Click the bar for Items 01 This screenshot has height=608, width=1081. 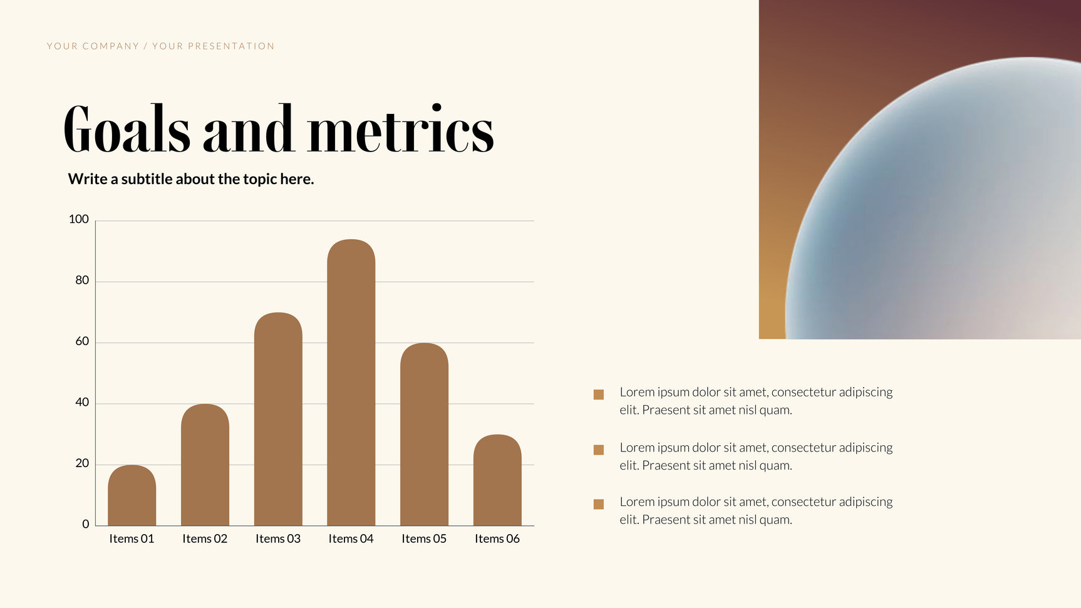click(132, 495)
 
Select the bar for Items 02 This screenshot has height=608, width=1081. click(205, 465)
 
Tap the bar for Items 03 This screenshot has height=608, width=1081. click(278, 419)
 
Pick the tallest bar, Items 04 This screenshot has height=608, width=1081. click(351, 383)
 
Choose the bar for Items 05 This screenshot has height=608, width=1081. click(424, 434)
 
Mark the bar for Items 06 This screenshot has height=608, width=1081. click(497, 480)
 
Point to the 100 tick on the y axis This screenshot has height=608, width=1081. click(79, 219)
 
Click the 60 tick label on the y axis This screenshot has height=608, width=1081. click(82, 341)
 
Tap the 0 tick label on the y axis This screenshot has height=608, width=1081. click(86, 524)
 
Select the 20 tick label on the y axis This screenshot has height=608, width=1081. click(82, 463)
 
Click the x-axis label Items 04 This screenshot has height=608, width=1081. click(351, 538)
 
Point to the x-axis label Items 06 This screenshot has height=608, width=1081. click(497, 538)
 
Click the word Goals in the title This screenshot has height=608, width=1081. click(127, 129)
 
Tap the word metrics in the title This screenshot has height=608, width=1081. click(401, 129)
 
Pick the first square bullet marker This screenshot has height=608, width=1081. click(599, 394)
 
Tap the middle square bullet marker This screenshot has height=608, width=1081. click(599, 450)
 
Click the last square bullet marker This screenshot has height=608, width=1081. click(599, 504)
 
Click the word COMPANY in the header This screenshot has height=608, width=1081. click(111, 46)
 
